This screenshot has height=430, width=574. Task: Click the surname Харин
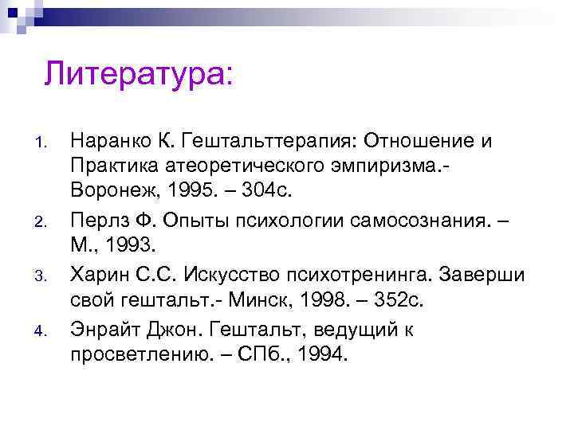pyautogui.click(x=98, y=275)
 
